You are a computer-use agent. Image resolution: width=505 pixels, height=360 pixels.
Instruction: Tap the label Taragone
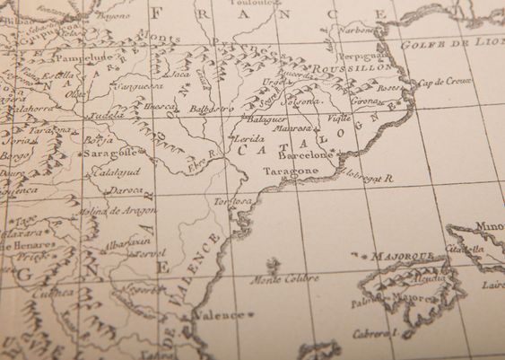coord(290,171)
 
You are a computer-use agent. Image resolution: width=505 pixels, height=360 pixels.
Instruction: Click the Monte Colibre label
coord(283,279)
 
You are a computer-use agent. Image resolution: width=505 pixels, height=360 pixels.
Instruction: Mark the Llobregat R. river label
coord(368,178)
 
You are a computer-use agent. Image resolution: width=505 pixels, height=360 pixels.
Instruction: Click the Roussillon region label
coord(360,67)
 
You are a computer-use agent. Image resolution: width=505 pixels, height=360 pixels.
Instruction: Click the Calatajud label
coord(112,171)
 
